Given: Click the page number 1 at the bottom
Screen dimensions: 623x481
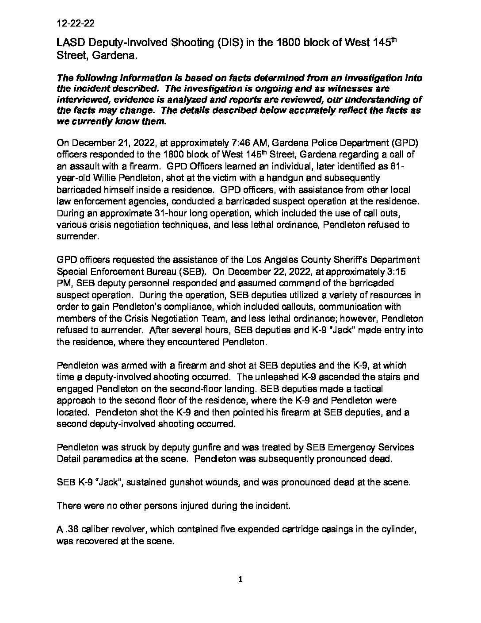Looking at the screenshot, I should pos(240,580).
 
